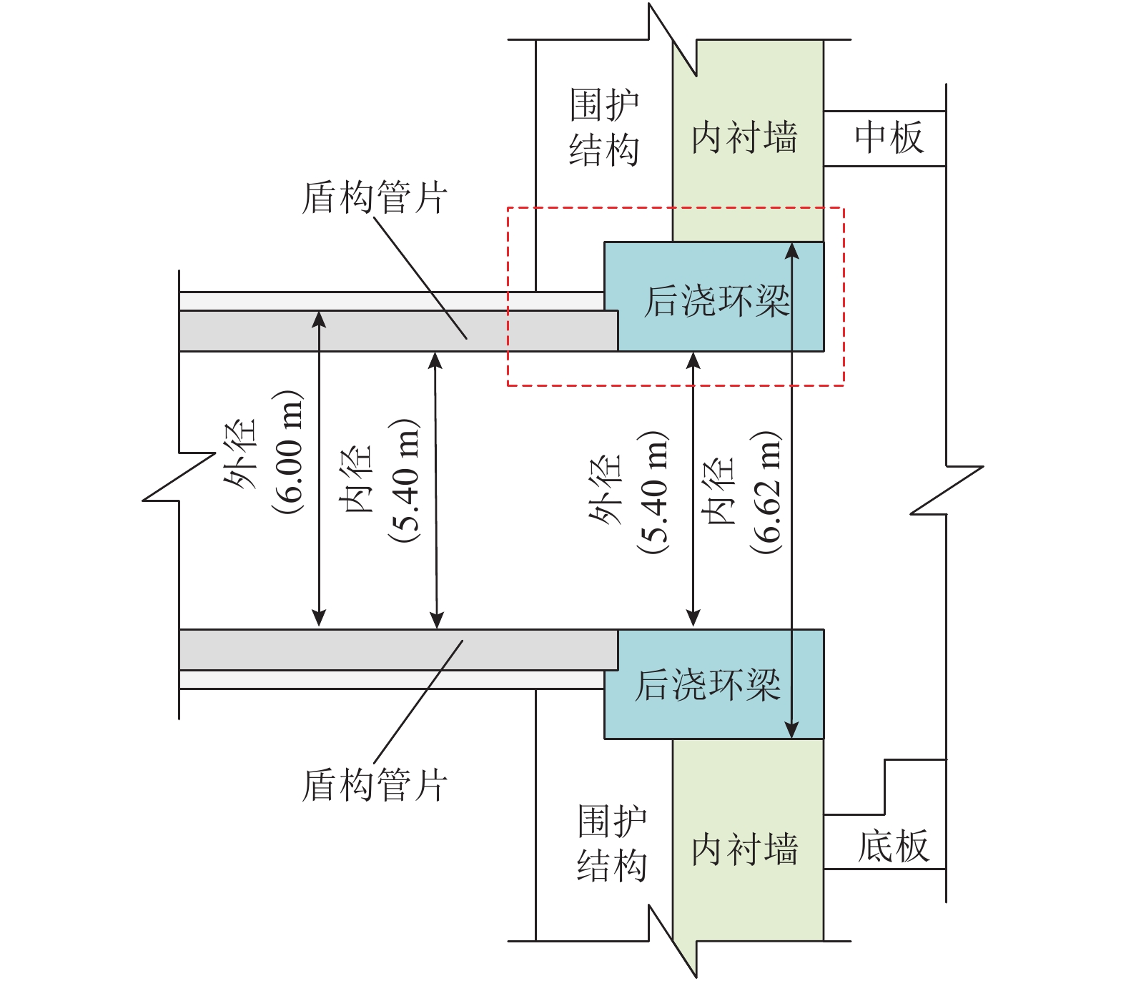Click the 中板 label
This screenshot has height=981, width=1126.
889,137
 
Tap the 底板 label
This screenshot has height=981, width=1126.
893,847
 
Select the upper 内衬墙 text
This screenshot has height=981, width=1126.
744,137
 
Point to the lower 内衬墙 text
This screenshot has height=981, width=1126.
744,849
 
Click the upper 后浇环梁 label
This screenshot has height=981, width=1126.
716,301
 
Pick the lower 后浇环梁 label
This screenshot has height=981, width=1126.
708,684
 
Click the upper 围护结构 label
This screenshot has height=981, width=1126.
604,127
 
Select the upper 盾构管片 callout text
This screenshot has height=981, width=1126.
375,197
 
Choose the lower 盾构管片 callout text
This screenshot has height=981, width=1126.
375,785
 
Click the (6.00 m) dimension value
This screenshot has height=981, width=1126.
288,452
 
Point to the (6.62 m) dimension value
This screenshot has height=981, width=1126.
766,492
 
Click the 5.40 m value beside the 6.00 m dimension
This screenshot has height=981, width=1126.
405,480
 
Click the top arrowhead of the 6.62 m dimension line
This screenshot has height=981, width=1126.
791,250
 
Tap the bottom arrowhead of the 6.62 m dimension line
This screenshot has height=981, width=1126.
791,731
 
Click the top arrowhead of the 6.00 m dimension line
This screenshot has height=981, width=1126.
319,318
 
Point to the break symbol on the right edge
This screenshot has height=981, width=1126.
947,490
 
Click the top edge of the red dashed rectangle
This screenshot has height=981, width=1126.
676,208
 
